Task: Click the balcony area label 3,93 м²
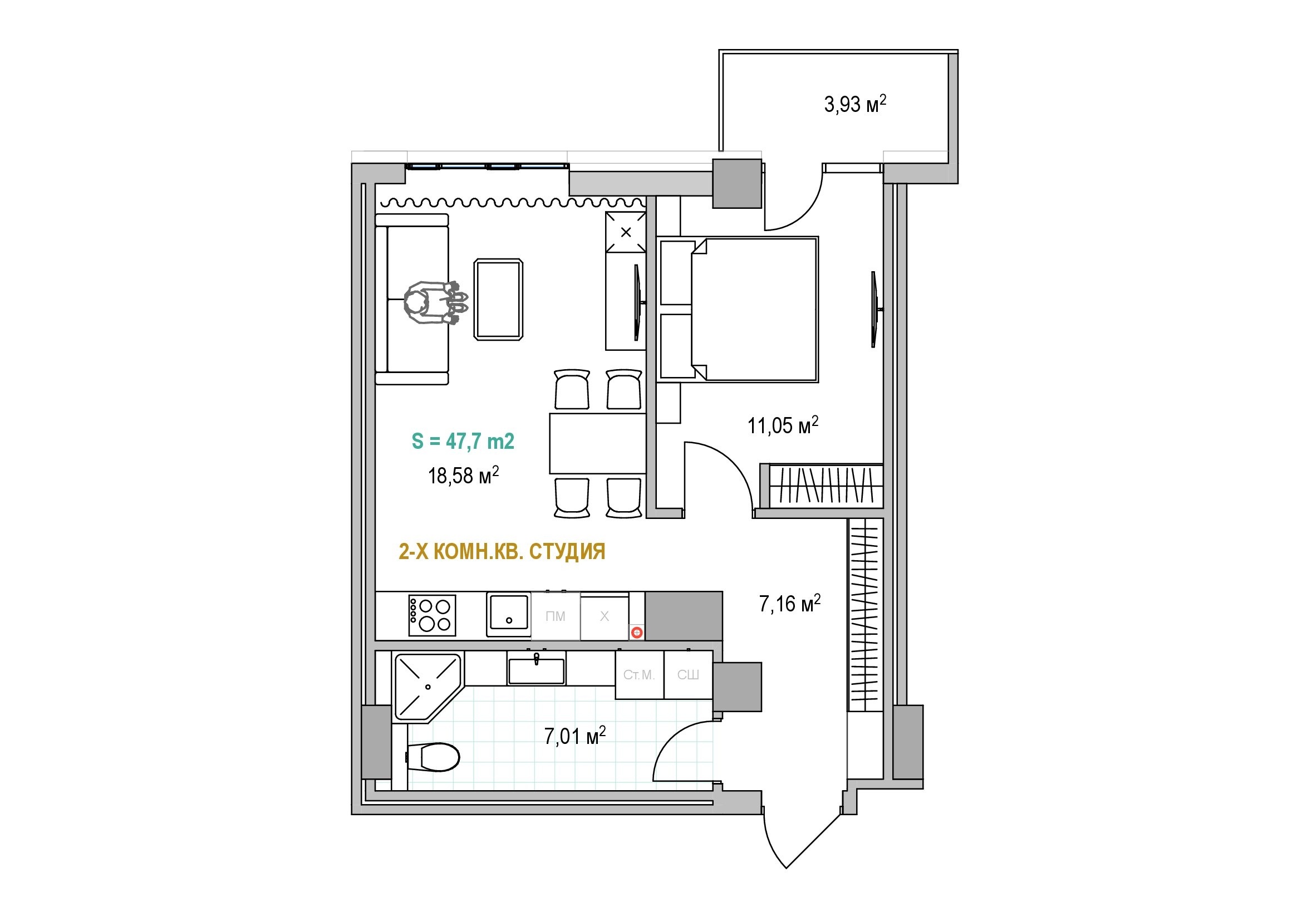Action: coord(854,104)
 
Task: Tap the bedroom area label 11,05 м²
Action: coord(783,425)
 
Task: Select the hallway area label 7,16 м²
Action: coord(790,604)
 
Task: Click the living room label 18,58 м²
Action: coord(463,475)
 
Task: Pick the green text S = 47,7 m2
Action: coord(463,441)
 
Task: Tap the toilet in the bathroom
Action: coord(433,757)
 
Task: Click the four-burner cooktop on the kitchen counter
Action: coord(432,615)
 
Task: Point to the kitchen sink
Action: coord(509,614)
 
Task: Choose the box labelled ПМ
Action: coord(555,616)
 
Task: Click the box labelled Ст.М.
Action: coord(639,675)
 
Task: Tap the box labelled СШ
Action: coord(688,675)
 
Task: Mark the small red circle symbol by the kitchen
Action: coord(637,633)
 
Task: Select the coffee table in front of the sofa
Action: coord(498,300)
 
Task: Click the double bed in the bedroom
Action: coord(754,309)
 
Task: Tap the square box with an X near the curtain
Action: coord(626,232)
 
